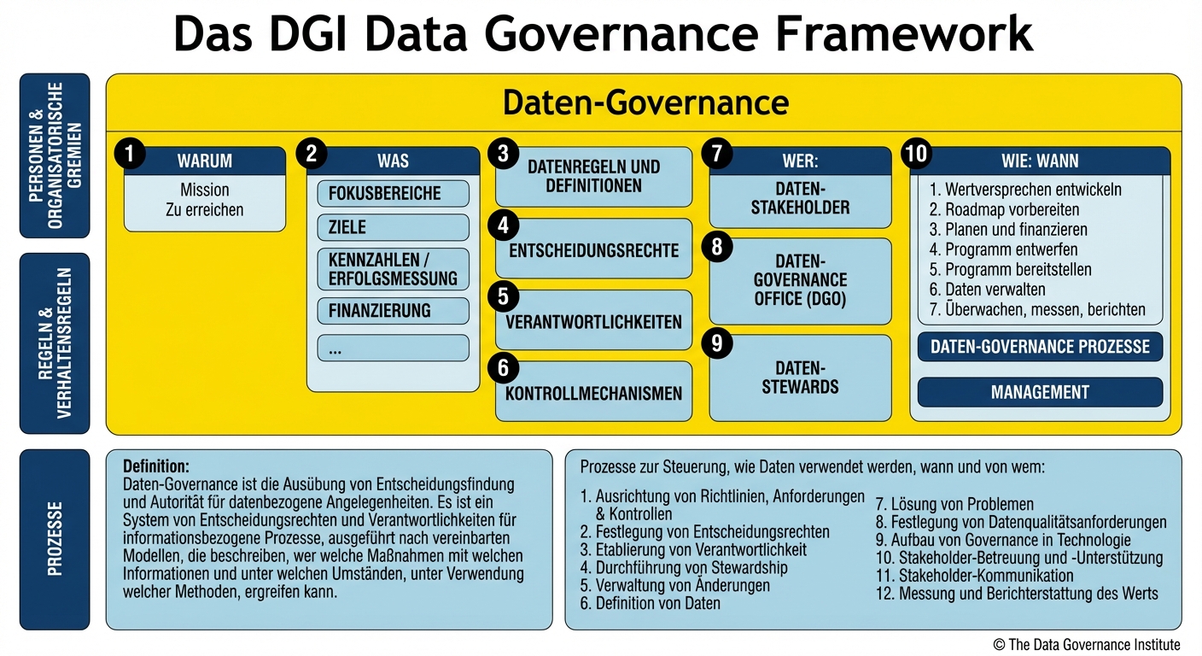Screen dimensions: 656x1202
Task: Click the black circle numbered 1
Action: point(130,155)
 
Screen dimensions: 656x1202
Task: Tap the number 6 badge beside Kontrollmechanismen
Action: point(504,368)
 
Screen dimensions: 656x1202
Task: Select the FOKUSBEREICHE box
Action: point(393,193)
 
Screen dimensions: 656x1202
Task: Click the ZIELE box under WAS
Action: point(393,227)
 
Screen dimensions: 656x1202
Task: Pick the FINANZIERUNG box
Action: point(393,310)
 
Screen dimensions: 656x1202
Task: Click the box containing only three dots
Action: point(393,348)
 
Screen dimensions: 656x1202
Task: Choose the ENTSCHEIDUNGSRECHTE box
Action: point(593,249)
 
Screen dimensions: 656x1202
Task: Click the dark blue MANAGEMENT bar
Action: point(1040,392)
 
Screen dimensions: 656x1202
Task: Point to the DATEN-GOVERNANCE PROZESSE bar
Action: point(1040,347)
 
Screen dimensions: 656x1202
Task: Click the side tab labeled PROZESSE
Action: point(55,539)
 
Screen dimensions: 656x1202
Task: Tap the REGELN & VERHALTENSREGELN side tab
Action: point(55,343)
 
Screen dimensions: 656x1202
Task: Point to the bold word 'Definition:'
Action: point(156,466)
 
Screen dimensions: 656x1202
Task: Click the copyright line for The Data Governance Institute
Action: point(1087,644)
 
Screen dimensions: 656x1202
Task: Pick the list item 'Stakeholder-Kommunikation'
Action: point(974,575)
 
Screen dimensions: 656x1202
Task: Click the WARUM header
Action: point(205,161)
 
